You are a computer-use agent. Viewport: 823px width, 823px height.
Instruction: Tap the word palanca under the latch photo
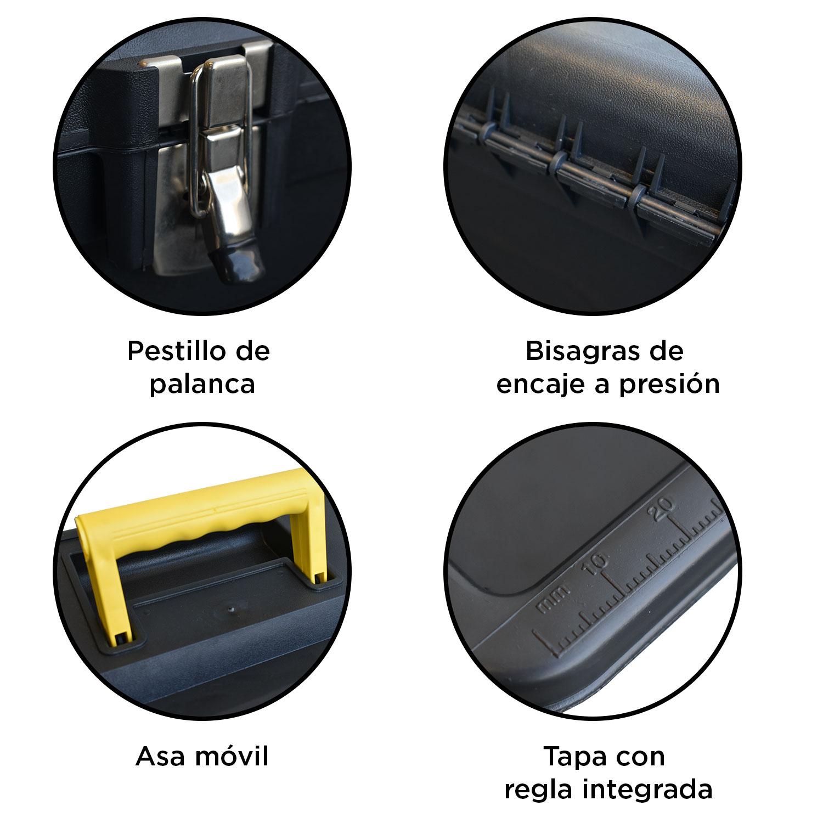202,385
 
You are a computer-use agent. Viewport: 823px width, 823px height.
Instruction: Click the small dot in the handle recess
230,608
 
